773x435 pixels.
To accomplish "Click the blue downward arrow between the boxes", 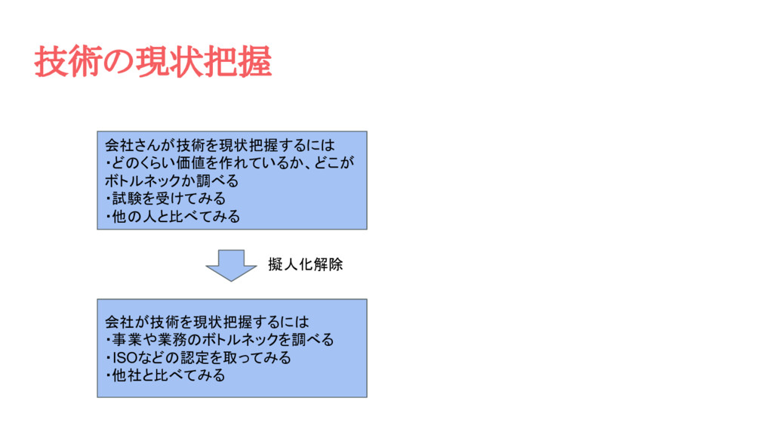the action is click(x=231, y=264).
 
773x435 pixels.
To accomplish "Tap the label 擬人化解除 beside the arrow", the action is click(x=305, y=265).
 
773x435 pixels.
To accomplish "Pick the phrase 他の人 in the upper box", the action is click(x=134, y=217).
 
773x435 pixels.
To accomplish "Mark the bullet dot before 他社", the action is click(x=108, y=375).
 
